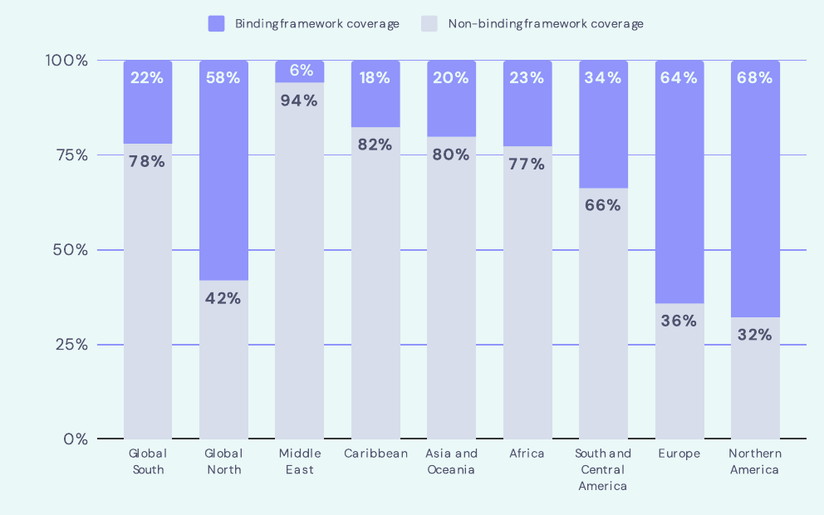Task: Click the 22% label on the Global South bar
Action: [147, 78]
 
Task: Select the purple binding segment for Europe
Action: [679, 182]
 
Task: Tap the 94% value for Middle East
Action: [299, 101]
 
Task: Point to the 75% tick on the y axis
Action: [72, 155]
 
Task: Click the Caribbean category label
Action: [375, 454]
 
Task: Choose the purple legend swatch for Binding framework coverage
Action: [217, 23]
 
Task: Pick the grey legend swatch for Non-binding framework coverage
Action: [429, 23]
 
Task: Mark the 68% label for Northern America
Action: [754, 78]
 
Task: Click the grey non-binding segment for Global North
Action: [223, 360]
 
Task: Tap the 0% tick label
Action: [76, 439]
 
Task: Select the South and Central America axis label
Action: [603, 470]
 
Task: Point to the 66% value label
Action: [603, 205]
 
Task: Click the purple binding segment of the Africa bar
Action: [527, 104]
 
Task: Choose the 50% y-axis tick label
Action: [71, 250]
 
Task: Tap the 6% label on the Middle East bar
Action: [302, 71]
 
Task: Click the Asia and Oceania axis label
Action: [451, 461]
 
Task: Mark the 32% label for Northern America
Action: [754, 335]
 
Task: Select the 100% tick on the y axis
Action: [66, 61]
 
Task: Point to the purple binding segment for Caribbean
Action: [375, 94]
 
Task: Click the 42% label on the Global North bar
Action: [223, 298]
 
